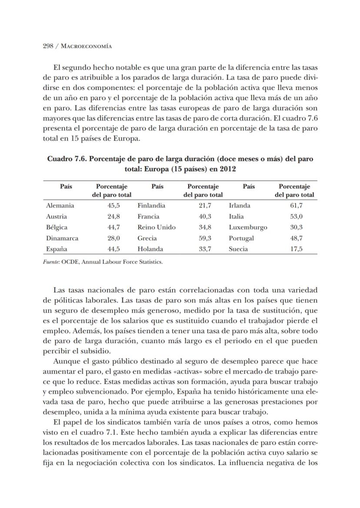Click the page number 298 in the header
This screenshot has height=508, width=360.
[x=48, y=46]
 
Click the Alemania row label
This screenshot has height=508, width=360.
[x=60, y=205]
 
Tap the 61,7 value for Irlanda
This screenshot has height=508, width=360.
[x=297, y=205]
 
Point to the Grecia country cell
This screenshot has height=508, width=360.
[x=147, y=238]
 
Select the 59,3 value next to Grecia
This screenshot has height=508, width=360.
[x=205, y=238]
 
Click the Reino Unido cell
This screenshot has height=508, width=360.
[x=157, y=227]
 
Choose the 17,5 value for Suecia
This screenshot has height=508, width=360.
[x=297, y=249]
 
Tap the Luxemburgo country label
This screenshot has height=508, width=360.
[x=248, y=227]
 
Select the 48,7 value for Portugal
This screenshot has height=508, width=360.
[x=297, y=238]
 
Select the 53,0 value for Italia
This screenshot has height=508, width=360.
[x=297, y=216]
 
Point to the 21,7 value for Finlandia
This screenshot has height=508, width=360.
[x=205, y=205]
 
